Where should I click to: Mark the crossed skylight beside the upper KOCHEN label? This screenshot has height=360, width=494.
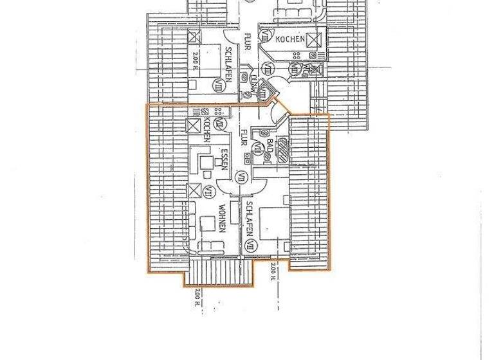(313, 40)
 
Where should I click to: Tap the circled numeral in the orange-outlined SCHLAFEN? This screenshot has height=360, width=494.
(250, 243)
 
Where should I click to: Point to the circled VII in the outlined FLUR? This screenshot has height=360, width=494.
(242, 175)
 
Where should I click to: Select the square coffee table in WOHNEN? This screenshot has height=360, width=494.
(208, 223)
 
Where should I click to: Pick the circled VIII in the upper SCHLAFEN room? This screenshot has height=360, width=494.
(223, 82)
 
